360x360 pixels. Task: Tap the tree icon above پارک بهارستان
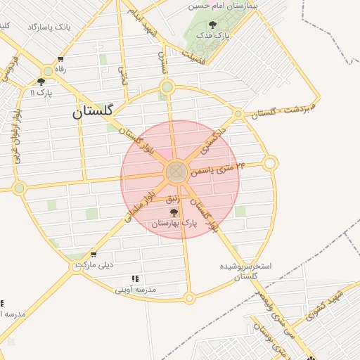[x=174, y=212]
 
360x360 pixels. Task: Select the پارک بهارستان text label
[x=174, y=223]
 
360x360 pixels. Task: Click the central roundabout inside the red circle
[x=176, y=172]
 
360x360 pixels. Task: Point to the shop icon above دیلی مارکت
[x=94, y=255]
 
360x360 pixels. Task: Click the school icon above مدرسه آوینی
[x=135, y=278]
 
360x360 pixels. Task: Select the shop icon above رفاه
[x=61, y=59]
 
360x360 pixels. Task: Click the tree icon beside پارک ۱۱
[x=32, y=92]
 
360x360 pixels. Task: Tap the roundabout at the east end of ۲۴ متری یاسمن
[x=270, y=164]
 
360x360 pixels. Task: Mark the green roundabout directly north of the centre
[x=167, y=87]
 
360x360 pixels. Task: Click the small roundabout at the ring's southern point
[x=189, y=299]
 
